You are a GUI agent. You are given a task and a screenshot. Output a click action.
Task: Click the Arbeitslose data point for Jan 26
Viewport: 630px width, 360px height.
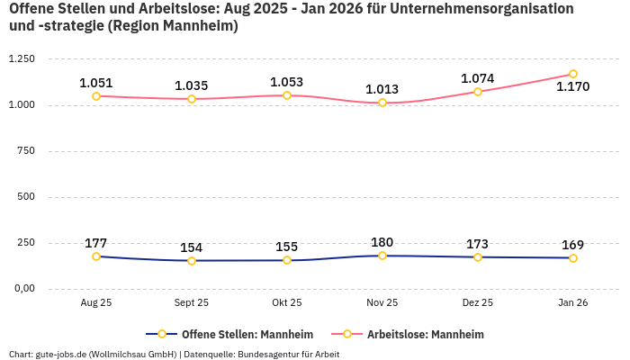[x=573, y=75]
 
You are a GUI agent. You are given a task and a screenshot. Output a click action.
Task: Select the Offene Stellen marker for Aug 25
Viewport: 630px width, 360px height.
[x=96, y=256]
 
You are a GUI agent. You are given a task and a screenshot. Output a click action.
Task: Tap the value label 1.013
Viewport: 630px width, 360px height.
[x=382, y=89]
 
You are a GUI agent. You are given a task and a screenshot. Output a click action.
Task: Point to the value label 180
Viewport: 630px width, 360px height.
[x=382, y=242]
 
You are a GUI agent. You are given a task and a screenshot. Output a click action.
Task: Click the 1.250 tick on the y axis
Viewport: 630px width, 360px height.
[x=22, y=59]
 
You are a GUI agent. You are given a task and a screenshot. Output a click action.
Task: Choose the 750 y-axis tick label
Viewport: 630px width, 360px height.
[x=25, y=151]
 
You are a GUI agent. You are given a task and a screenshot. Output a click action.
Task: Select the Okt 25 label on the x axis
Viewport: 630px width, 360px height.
[x=287, y=303]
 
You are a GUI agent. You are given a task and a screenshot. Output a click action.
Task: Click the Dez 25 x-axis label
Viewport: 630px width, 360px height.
[x=478, y=303]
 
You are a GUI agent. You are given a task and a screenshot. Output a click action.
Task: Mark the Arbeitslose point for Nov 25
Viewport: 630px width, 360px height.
[x=382, y=103]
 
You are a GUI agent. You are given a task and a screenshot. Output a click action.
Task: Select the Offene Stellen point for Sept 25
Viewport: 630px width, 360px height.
[x=192, y=261]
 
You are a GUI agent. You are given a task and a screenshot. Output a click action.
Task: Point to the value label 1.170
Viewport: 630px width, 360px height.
[x=573, y=87]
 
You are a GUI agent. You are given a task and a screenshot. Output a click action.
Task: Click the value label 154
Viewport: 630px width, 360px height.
[x=192, y=247]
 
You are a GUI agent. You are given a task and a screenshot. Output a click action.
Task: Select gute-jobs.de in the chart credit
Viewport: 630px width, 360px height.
[x=58, y=354]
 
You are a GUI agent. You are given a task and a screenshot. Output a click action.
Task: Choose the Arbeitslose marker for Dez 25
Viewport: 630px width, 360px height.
[x=478, y=92]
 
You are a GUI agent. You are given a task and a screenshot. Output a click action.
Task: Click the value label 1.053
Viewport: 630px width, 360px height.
[x=287, y=82]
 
